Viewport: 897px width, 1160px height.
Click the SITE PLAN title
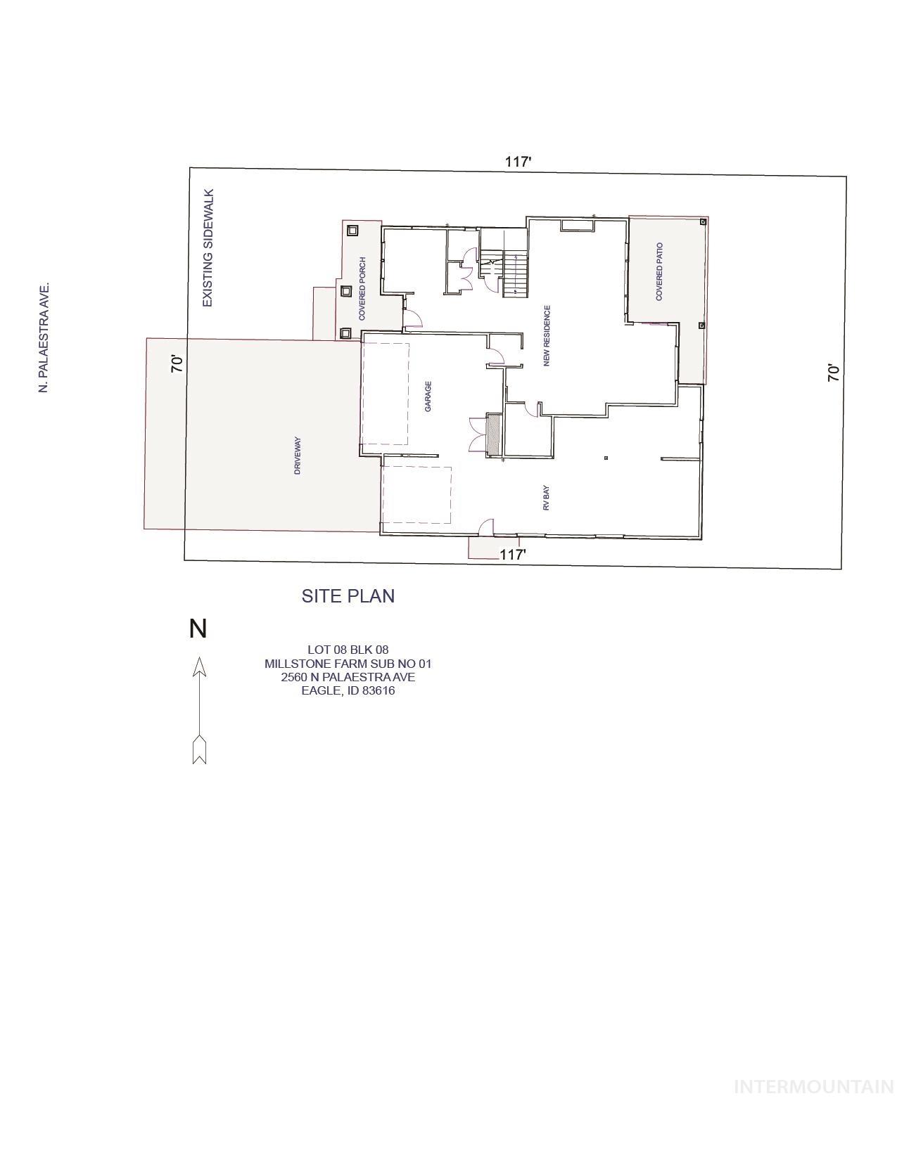coord(348,595)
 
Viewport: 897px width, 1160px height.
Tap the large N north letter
coord(198,629)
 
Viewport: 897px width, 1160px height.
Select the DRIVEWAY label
coord(298,456)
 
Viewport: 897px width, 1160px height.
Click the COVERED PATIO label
coord(659,272)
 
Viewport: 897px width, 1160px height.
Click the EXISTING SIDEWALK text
coord(208,247)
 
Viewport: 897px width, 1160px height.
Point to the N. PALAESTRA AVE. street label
coord(44,337)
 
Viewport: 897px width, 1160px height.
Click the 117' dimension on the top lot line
coord(518,162)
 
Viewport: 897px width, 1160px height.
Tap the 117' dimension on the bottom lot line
coord(512,554)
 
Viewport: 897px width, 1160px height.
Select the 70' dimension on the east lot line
coord(834,372)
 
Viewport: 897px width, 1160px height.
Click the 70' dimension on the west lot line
coord(178,363)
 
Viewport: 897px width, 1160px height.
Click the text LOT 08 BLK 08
coord(348,650)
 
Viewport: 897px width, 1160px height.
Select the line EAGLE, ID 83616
coord(348,690)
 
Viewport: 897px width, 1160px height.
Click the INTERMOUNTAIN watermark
coord(813,1087)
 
